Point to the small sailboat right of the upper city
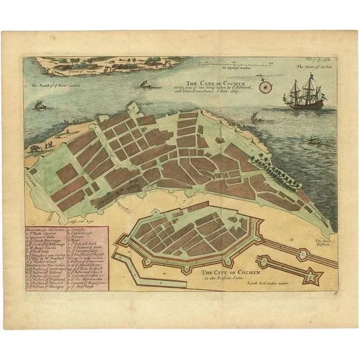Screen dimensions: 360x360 [x=254, y=118]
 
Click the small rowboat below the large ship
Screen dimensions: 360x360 [x=316, y=141]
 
